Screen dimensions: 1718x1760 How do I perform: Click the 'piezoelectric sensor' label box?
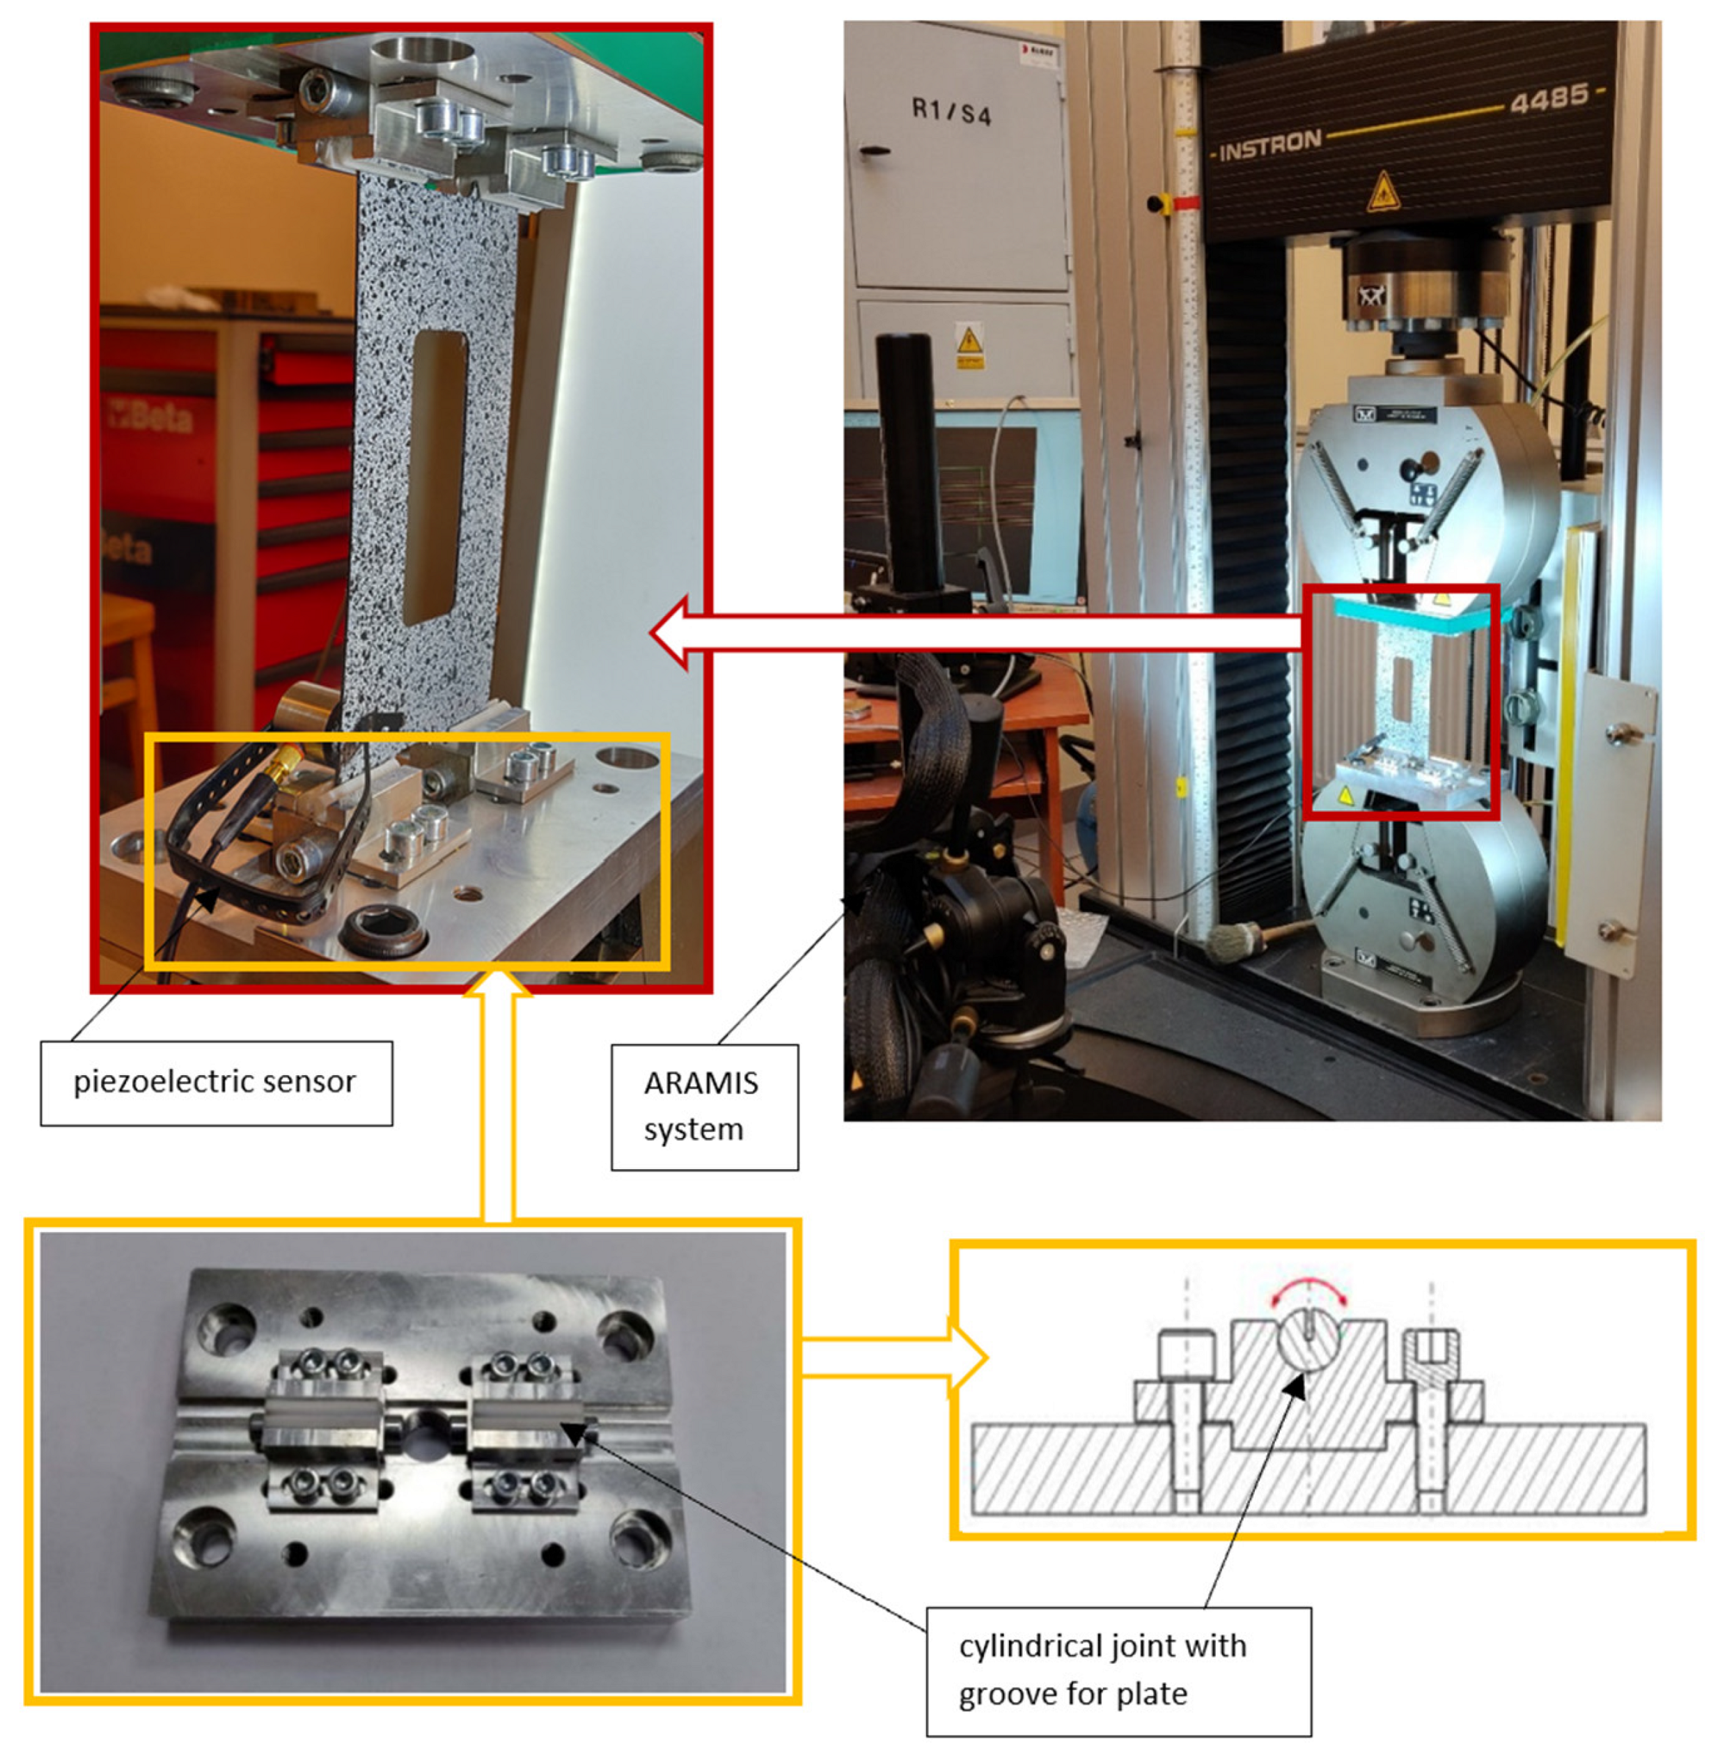[217, 1083]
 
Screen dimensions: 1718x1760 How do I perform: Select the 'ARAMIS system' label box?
[705, 1107]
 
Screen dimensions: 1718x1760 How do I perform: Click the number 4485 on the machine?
[1548, 98]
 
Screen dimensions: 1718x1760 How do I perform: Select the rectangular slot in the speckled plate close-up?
[436, 477]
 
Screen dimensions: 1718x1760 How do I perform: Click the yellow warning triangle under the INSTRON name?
[1382, 192]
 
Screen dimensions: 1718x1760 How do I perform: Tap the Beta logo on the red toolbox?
[150, 416]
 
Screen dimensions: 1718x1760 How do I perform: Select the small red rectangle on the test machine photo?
[1401, 702]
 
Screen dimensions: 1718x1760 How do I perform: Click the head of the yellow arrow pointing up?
[497, 984]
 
